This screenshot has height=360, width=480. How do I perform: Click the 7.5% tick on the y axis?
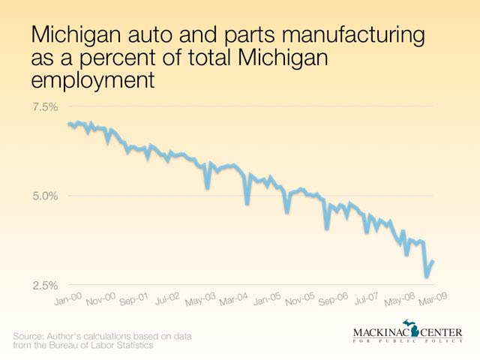(45, 106)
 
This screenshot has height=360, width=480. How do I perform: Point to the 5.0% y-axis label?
(45, 196)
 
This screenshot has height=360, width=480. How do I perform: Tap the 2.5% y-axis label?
(45, 285)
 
